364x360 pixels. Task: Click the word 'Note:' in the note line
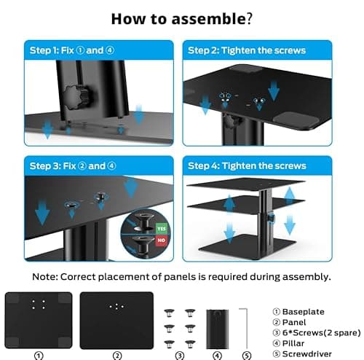point(47,277)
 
